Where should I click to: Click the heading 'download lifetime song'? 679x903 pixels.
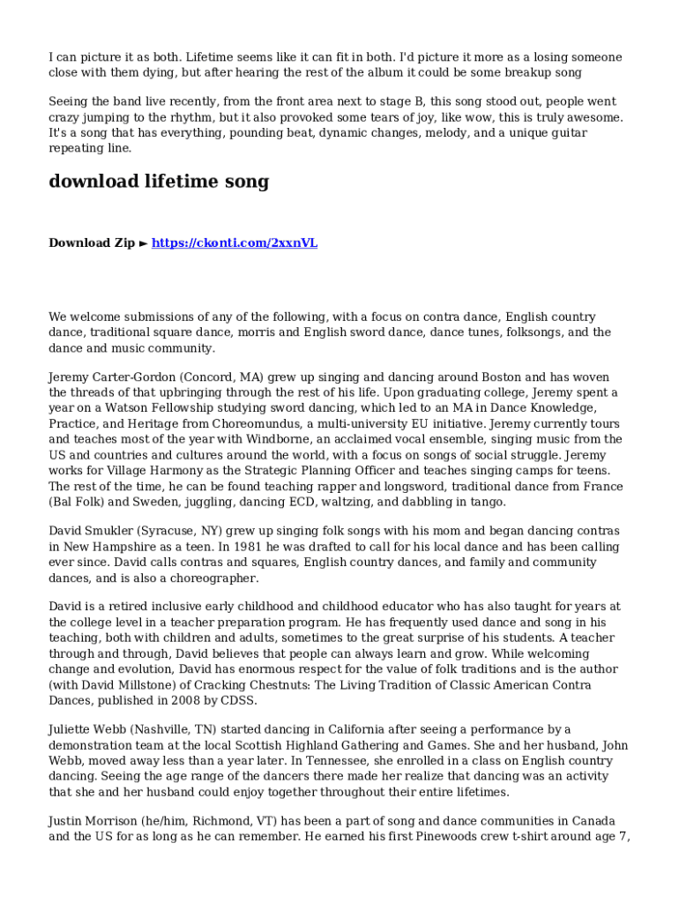(x=159, y=182)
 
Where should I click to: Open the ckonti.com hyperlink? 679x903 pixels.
(x=235, y=243)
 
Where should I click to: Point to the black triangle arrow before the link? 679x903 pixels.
(x=144, y=243)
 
